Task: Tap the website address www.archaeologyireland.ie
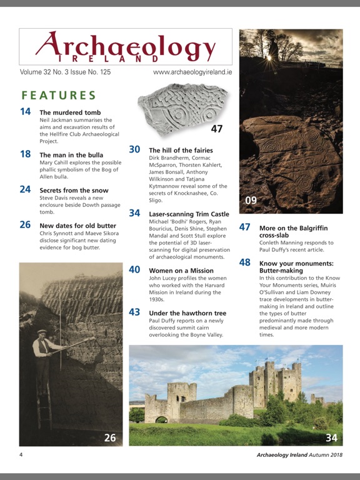point(192,73)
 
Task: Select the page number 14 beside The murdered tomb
point(26,112)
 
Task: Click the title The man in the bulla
point(71,154)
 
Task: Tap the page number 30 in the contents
point(134,149)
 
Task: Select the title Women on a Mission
point(180,270)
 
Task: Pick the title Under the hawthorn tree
point(187,312)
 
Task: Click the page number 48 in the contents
point(245,262)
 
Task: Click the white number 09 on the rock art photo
point(250,201)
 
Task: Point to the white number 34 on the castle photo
point(331,437)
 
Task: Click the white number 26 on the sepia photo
point(110,437)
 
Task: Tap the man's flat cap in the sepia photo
point(42,332)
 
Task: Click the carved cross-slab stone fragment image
point(181,111)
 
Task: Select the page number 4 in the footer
point(21,454)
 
